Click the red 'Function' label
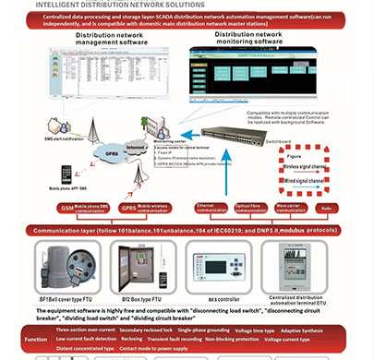[35, 339]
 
